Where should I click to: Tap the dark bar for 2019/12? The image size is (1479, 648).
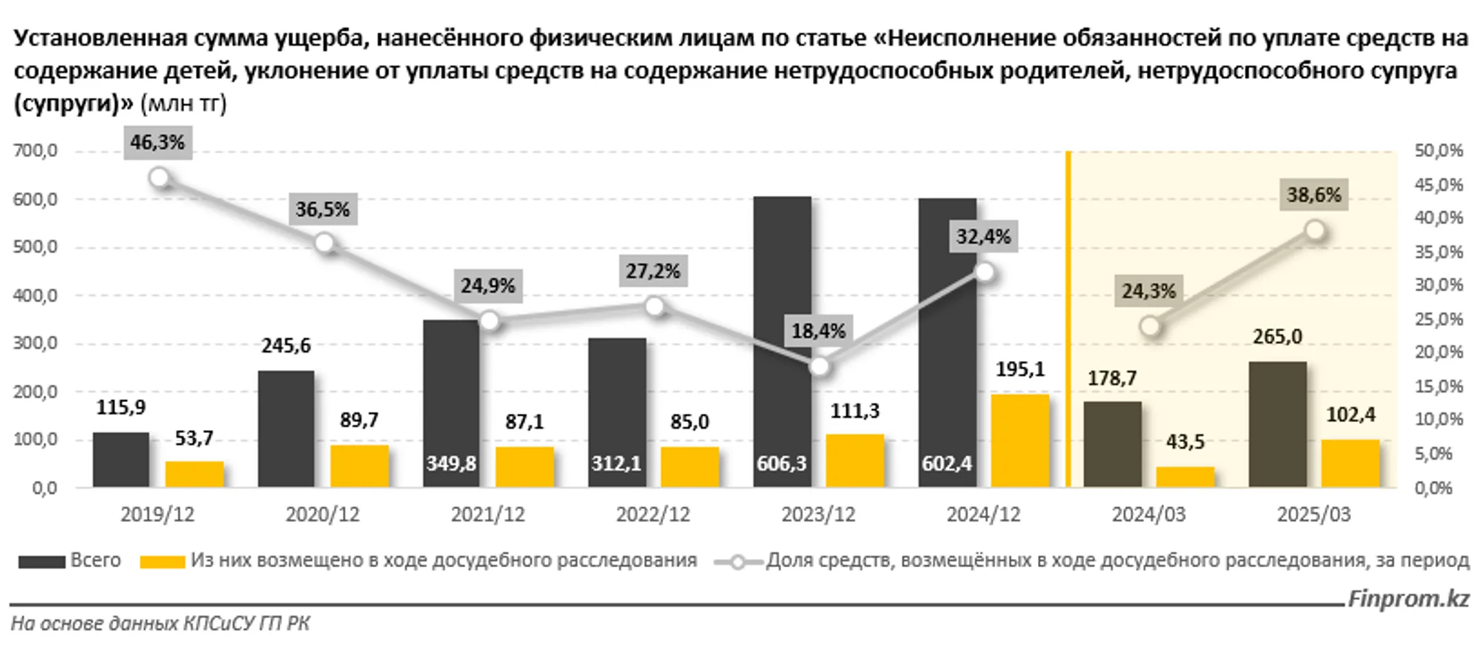(x=121, y=460)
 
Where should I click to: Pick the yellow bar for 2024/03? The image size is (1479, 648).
(x=1185, y=477)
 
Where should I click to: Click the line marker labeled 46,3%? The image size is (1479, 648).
(x=160, y=179)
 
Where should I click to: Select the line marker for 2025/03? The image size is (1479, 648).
(x=1315, y=231)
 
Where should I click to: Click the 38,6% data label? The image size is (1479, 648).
(x=1313, y=195)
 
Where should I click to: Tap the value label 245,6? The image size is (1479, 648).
(x=286, y=346)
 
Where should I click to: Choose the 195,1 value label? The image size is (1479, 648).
(x=1020, y=370)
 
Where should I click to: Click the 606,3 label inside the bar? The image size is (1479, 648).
(x=781, y=464)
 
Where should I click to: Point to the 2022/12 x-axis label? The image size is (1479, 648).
(x=653, y=515)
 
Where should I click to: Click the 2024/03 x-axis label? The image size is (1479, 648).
(x=1148, y=515)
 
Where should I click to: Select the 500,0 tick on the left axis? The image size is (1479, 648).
(x=35, y=247)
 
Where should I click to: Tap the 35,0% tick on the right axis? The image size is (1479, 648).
(x=1439, y=252)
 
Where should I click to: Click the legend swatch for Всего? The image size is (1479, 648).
(x=42, y=562)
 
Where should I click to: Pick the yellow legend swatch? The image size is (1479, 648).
(x=162, y=562)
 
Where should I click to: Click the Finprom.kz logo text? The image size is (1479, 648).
(x=1408, y=599)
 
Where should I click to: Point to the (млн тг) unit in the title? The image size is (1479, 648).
(x=183, y=104)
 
